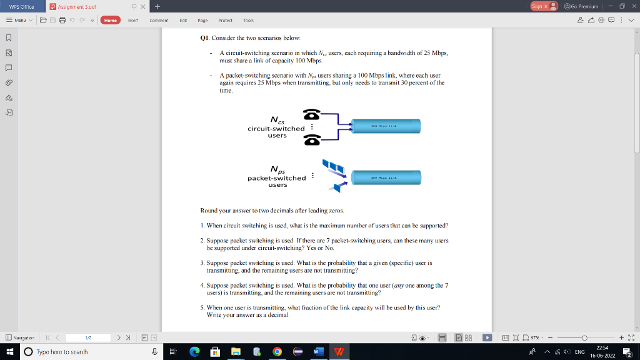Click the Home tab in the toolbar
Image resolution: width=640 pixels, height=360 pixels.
pyautogui.click(x=111, y=20)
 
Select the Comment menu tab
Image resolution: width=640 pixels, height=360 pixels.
pyautogui.click(x=159, y=20)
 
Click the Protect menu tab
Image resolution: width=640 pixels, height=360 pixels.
pyautogui.click(x=225, y=20)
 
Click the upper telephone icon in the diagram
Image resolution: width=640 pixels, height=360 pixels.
pyautogui.click(x=311, y=115)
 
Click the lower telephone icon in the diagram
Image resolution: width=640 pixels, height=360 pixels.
pyautogui.click(x=311, y=140)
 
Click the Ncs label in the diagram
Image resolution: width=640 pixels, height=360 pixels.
pyautogui.click(x=277, y=120)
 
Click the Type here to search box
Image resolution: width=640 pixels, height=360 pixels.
pyautogui.click(x=81, y=352)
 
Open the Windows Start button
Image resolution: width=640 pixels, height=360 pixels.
pyautogui.click(x=9, y=352)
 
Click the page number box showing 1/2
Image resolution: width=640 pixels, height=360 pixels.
pyautogui.click(x=88, y=337)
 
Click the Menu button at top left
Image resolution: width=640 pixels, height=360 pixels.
pyautogui.click(x=19, y=20)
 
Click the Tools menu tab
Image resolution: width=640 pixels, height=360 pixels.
pyautogui.click(x=248, y=20)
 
